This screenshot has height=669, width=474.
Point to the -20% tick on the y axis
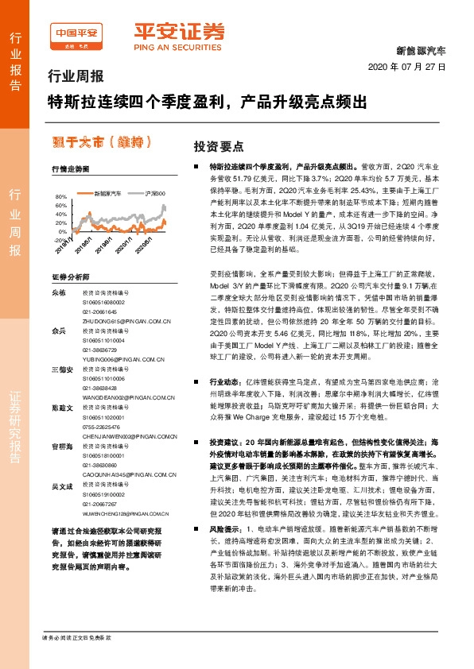click(x=61, y=239)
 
